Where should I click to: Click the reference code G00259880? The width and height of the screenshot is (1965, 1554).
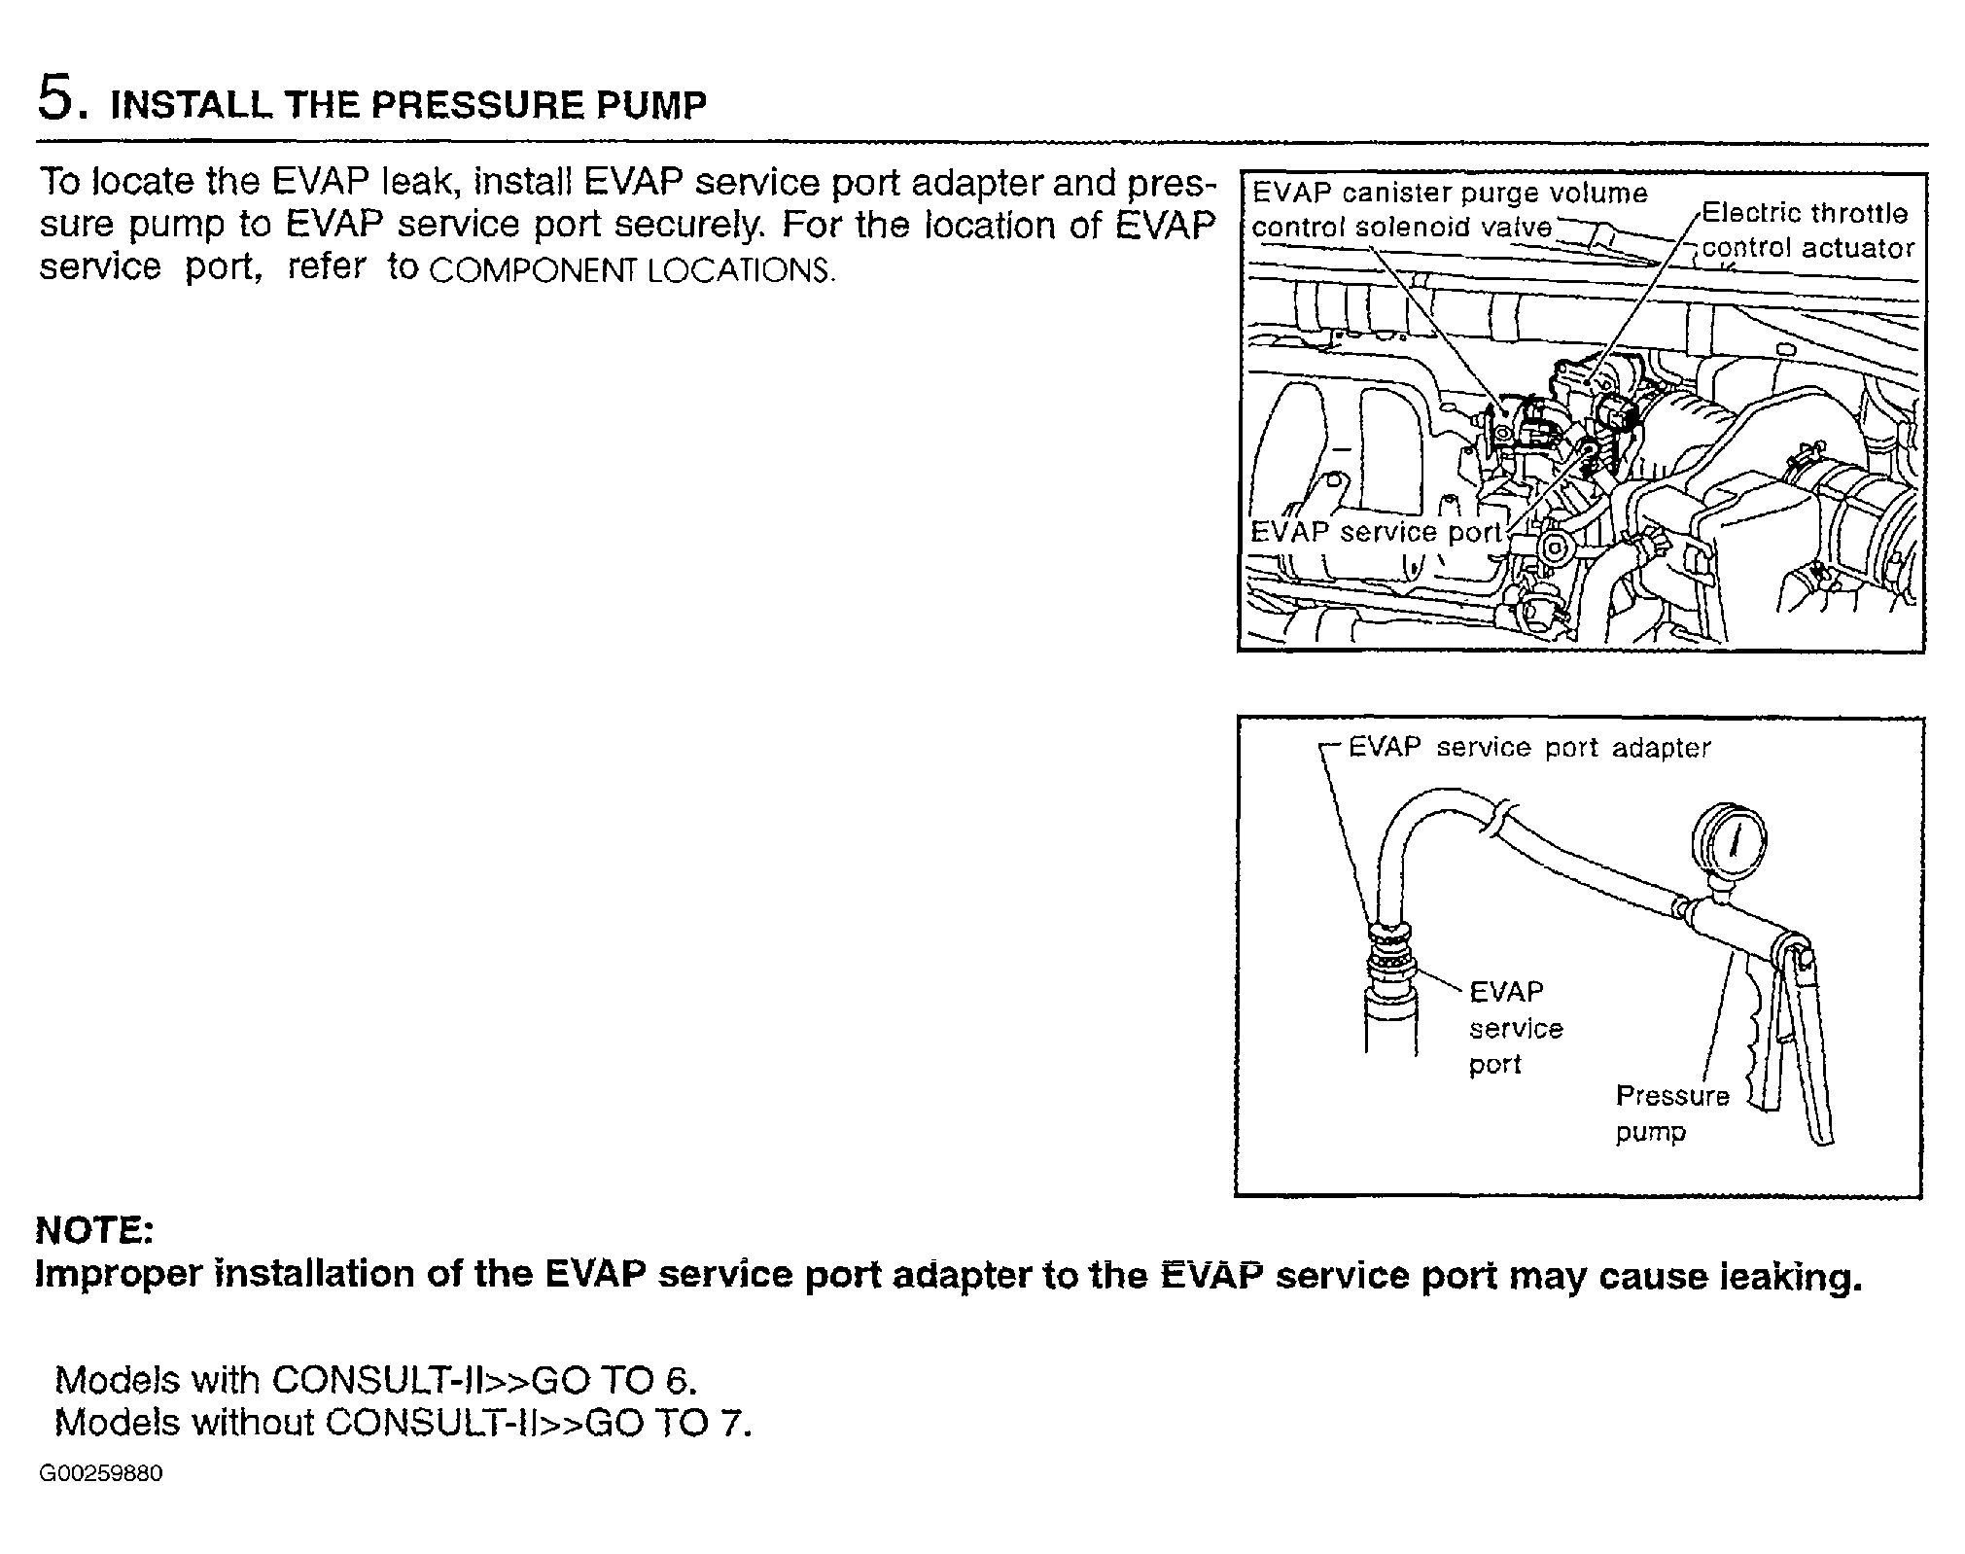pyautogui.click(x=101, y=1473)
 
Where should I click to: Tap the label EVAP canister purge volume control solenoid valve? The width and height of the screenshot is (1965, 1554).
pyautogui.click(x=1449, y=209)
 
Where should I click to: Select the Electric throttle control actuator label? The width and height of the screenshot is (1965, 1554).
pyautogui.click(x=1807, y=230)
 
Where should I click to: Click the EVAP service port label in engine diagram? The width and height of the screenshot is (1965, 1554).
pyautogui.click(x=1376, y=532)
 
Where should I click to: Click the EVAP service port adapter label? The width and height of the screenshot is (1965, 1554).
pyautogui.click(x=1529, y=747)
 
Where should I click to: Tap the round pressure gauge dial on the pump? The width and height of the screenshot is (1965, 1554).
pyautogui.click(x=1729, y=837)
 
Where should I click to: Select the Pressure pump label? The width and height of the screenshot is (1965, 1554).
pyautogui.click(x=1672, y=1113)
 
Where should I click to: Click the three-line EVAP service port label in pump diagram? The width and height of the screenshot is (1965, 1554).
pyautogui.click(x=1515, y=1028)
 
